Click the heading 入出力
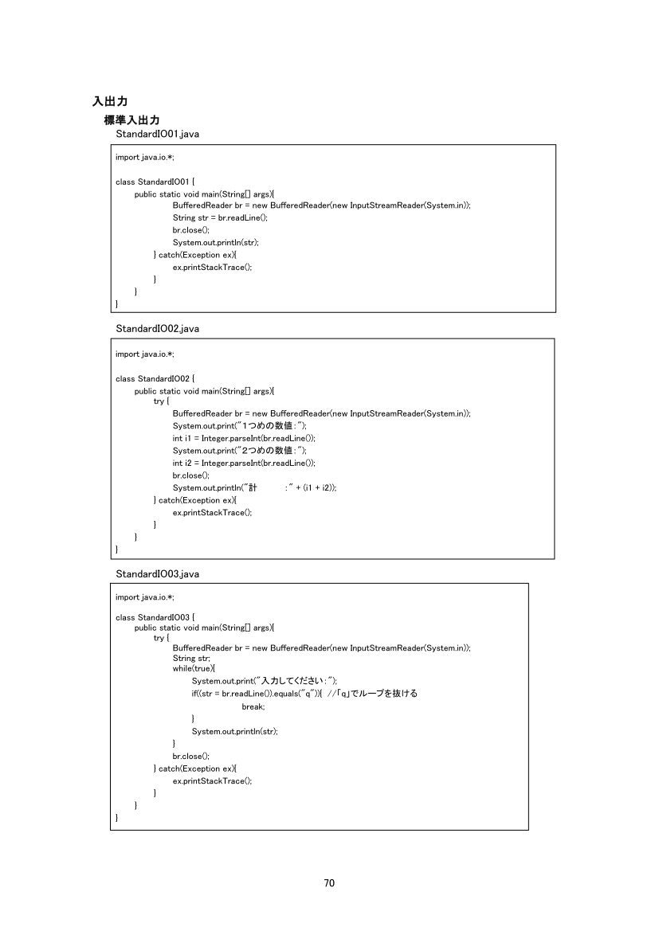click(110, 101)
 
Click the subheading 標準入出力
click(131, 119)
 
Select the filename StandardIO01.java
click(157, 133)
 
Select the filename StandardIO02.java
click(157, 328)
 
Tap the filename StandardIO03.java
click(157, 573)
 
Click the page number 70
click(329, 882)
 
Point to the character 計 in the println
click(253, 487)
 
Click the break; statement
click(253, 706)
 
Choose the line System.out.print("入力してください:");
click(264, 681)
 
